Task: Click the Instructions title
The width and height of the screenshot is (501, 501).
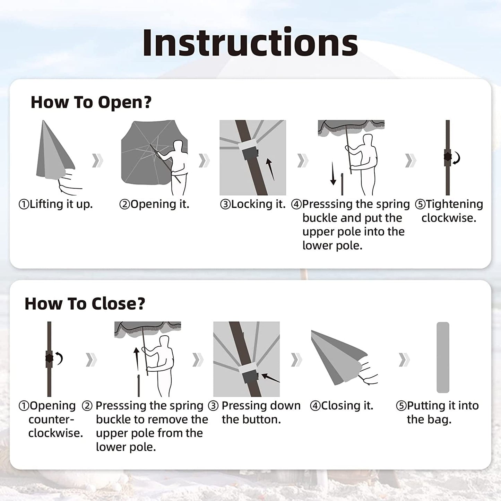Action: (250, 42)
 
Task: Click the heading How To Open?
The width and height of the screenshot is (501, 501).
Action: (91, 102)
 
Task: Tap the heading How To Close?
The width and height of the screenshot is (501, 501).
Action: (85, 304)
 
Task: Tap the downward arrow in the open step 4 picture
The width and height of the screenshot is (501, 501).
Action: (333, 173)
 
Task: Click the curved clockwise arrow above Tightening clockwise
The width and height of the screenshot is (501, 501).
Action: (457, 158)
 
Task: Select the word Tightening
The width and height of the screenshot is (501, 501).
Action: (454, 204)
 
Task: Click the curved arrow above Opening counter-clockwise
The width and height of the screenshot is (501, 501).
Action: (59, 358)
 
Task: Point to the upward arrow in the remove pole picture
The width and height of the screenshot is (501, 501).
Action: (137, 359)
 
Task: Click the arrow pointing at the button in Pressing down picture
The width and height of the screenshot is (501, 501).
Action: (270, 378)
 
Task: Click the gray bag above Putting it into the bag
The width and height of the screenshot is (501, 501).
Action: (443, 357)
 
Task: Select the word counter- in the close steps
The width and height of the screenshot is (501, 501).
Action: (51, 420)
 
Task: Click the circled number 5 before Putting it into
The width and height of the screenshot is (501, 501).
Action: (401, 406)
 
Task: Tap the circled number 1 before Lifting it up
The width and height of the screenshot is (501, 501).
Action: (24, 204)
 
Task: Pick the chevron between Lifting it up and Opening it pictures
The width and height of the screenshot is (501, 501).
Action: (98, 161)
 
